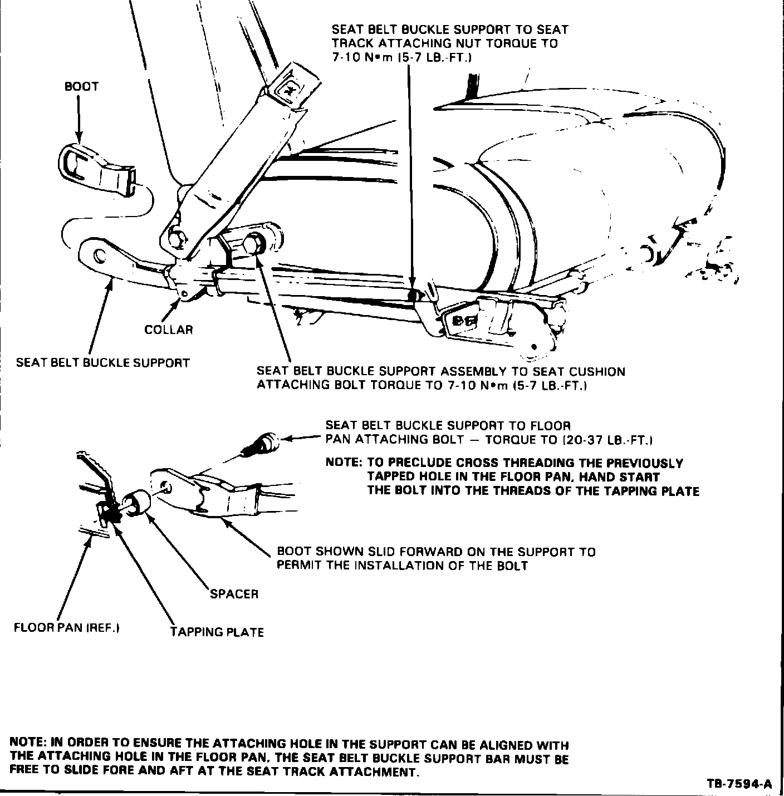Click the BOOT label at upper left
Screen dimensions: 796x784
(81, 87)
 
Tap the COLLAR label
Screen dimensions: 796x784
(168, 330)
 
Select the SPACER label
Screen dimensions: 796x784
(234, 594)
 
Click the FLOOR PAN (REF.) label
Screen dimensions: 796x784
(67, 628)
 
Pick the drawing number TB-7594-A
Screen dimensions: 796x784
(739, 784)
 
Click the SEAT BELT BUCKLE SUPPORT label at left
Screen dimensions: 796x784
(103, 363)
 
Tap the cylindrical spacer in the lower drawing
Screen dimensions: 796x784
(136, 504)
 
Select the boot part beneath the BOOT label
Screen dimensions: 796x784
(95, 170)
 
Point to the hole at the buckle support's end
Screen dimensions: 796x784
(99, 255)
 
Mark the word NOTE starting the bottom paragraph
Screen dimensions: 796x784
(28, 744)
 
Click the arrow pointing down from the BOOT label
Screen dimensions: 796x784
(79, 120)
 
